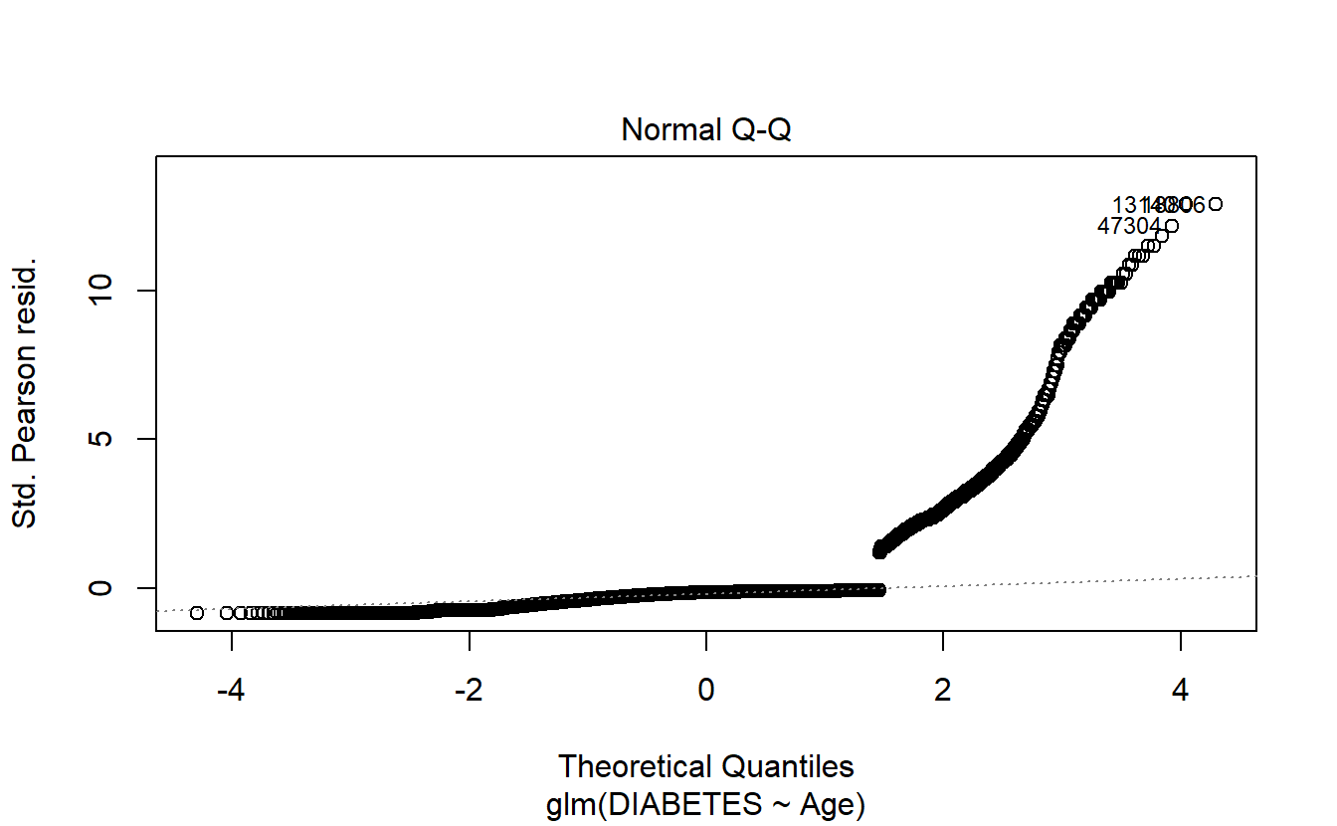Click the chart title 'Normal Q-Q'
click(706, 130)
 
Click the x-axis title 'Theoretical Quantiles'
click(706, 766)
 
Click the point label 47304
click(1129, 227)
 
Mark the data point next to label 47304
click(1172, 226)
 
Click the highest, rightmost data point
click(1215, 204)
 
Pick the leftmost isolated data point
click(197, 612)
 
